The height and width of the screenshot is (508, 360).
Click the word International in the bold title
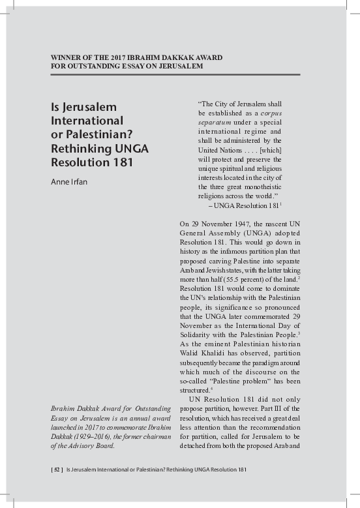pyautogui.click(x=87, y=121)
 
